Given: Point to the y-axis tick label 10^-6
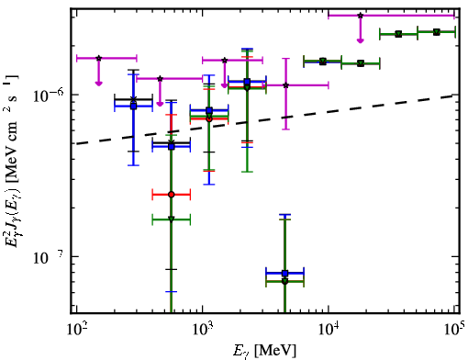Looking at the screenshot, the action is coord(49,96).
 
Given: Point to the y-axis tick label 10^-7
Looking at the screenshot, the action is coord(49,257).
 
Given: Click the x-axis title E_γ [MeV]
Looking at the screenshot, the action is coord(264,350).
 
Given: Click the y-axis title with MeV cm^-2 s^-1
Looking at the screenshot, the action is coord(13,161).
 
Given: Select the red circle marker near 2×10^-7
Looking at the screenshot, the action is coord(172,195).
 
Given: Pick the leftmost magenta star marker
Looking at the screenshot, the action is coord(98,58).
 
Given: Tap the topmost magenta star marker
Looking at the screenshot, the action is coord(361,16).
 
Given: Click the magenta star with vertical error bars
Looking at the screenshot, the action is coord(285,85).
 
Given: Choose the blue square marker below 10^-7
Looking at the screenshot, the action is coord(284,273).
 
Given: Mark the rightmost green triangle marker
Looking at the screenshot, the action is coord(437,32).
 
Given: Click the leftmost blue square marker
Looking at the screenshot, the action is coord(133,107).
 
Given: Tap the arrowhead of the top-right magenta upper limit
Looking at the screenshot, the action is coord(361,40).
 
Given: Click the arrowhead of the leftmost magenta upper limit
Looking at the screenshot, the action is coord(98,84).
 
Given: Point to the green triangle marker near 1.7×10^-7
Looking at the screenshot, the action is coord(172,219).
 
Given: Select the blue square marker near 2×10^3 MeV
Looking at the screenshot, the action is coord(247,82).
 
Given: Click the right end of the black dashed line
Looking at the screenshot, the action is coord(454,96).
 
